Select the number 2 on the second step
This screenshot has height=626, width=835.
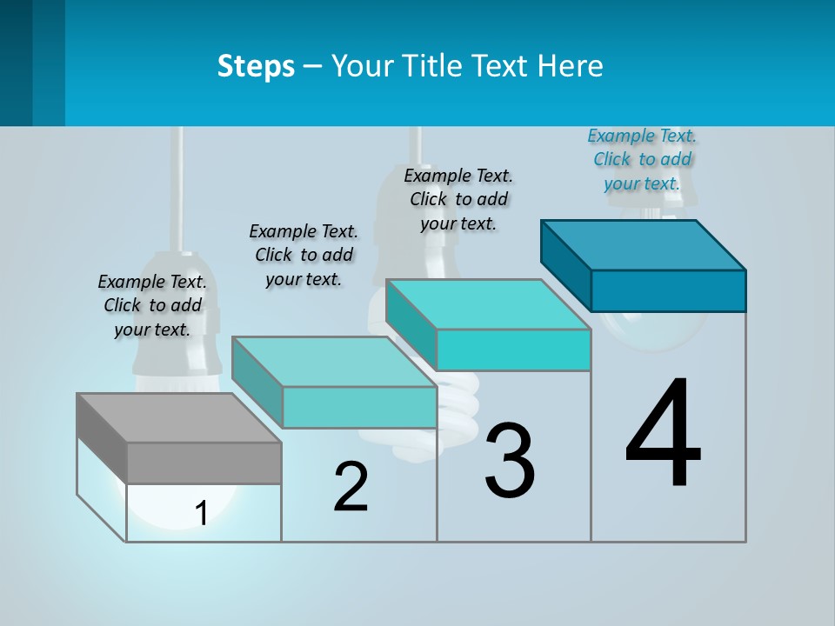pyautogui.click(x=351, y=487)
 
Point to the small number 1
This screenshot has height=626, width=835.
pyautogui.click(x=201, y=514)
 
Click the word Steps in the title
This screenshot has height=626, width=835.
pyautogui.click(x=256, y=66)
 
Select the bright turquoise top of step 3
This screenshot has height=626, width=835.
pyautogui.click(x=488, y=304)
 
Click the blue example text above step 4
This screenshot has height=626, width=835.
pyautogui.click(x=642, y=160)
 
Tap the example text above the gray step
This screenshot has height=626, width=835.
pyautogui.click(x=152, y=305)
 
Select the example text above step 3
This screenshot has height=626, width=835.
pyautogui.click(x=458, y=199)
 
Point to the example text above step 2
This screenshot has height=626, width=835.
pyautogui.click(x=304, y=255)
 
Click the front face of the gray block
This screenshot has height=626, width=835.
pyautogui.click(x=204, y=463)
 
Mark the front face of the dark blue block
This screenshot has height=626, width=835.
pyautogui.click(x=668, y=290)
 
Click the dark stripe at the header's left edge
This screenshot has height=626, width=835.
pyautogui.click(x=17, y=63)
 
